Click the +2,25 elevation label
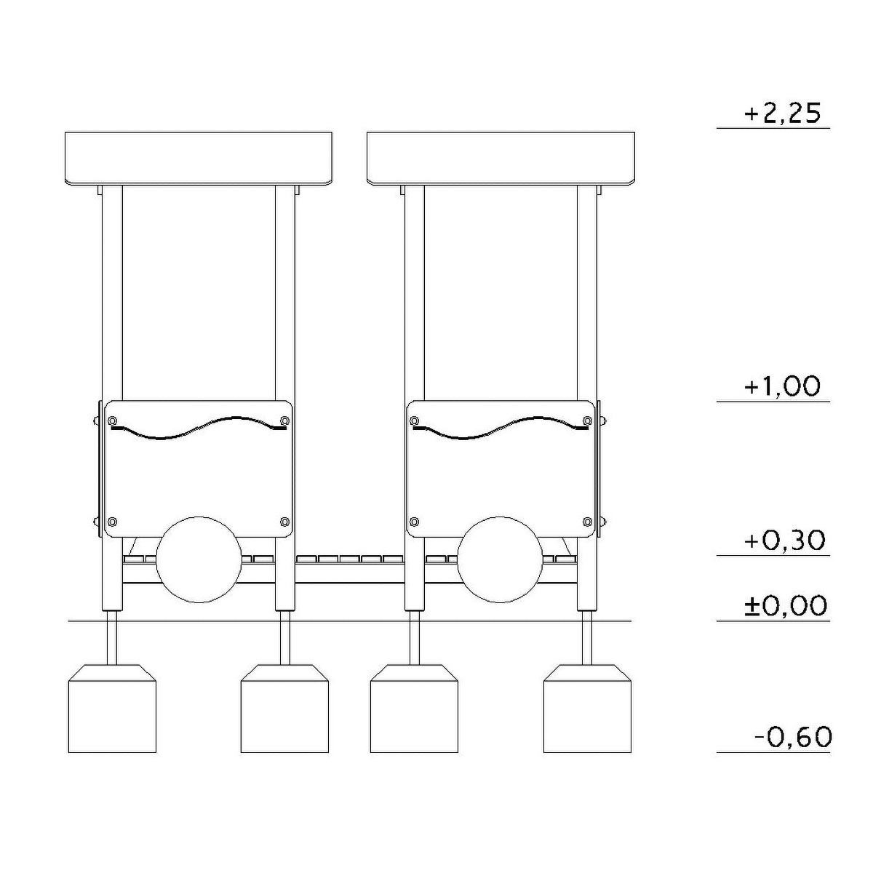782,114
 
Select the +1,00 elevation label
782,387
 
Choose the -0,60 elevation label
793,738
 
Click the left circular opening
199,559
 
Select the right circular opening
500,559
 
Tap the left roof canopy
199,159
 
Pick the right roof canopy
501,159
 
